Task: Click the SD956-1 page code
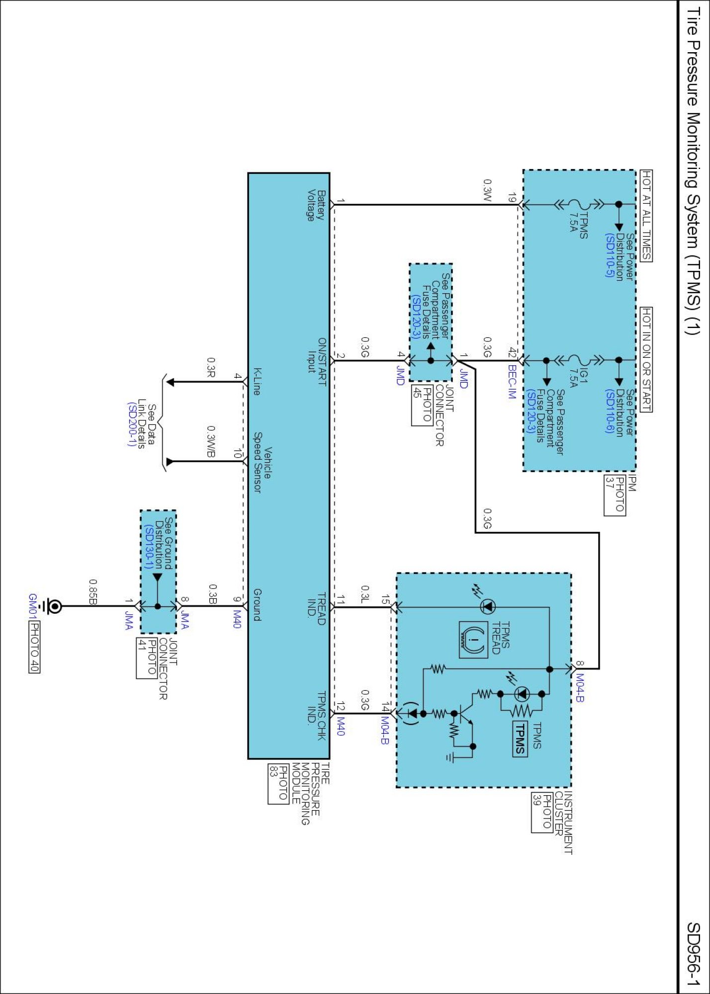point(693,954)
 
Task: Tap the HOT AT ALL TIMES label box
point(646,215)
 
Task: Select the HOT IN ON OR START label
point(646,359)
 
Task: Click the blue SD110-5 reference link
point(610,255)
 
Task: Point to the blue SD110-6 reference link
point(610,412)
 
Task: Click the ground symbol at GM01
point(52,606)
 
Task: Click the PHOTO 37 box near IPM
point(615,496)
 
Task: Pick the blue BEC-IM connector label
point(512,382)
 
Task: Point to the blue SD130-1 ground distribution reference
point(148,547)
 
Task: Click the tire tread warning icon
point(473,640)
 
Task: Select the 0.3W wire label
point(487,190)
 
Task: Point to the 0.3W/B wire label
point(211,442)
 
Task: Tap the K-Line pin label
point(257,381)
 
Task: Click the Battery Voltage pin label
point(316,205)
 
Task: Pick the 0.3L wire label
point(365,595)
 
